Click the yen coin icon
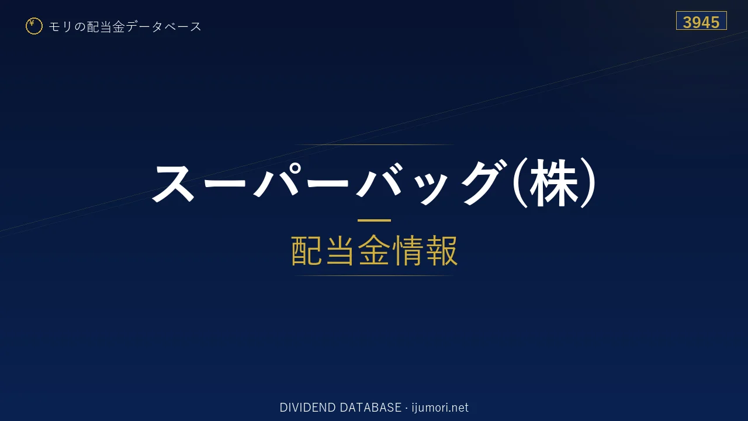click(34, 26)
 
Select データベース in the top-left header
click(164, 26)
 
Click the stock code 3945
click(701, 22)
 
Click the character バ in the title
click(379, 181)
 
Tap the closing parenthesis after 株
click(588, 183)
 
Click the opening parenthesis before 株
click(520, 183)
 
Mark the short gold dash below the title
click(374, 220)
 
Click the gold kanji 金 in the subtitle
click(374, 250)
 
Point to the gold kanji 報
click(441, 250)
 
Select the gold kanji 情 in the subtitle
click(407, 250)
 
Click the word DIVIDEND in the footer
click(307, 408)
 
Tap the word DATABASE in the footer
click(370, 408)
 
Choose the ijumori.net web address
click(440, 408)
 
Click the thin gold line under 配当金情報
click(374, 275)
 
